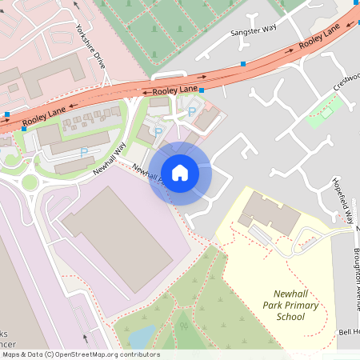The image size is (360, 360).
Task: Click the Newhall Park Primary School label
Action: coord(291,305)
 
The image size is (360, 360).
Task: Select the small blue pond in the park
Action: coord(142,337)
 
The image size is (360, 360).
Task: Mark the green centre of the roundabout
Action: coord(29,182)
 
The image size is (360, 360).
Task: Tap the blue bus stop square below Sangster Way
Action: coord(243,63)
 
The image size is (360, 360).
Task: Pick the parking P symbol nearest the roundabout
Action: coord(84,152)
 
